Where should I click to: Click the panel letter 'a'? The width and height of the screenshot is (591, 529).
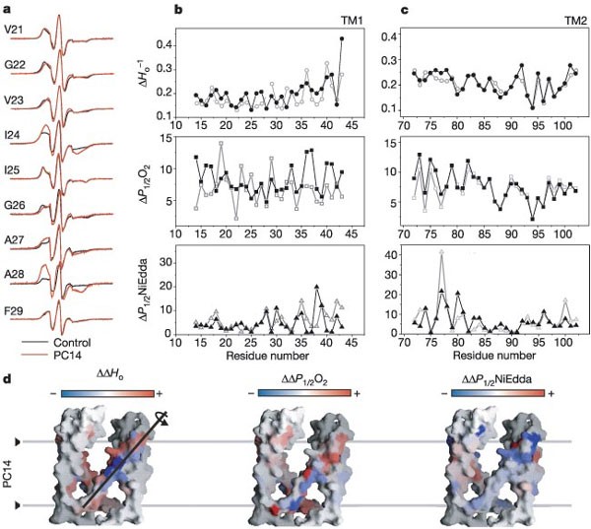tap(10, 9)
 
